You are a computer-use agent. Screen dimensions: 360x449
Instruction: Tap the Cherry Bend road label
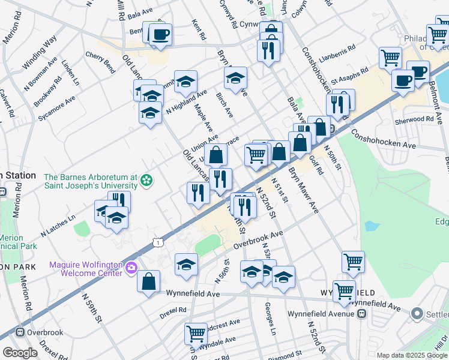pos(100,58)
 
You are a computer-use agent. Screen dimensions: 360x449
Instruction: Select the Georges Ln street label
pos(270,319)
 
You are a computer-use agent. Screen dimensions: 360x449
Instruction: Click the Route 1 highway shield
pos(157,241)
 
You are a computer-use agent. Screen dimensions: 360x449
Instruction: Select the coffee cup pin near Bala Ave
pos(160,34)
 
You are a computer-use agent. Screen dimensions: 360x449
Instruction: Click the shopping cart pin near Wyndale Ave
pos(196,332)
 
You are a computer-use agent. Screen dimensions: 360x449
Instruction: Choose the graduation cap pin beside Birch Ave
pos(236,78)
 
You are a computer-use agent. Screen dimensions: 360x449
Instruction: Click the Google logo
pos(20,353)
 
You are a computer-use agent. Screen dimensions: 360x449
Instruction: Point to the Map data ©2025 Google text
pos(412,355)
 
